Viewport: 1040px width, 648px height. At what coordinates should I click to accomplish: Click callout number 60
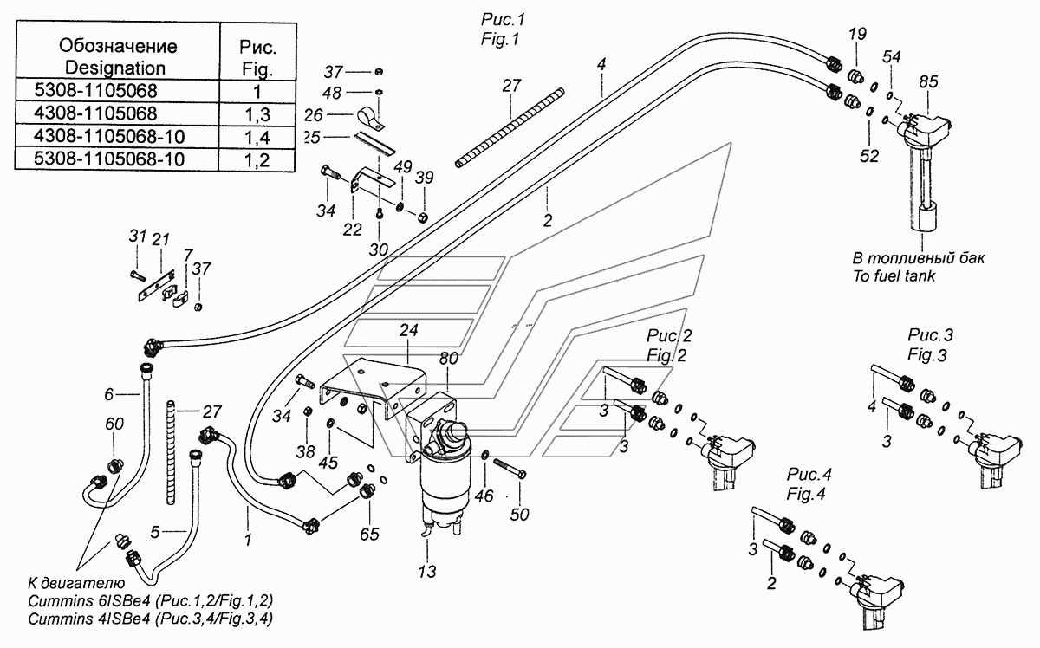click(x=114, y=424)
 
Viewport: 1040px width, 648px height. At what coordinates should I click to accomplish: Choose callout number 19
click(x=856, y=35)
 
